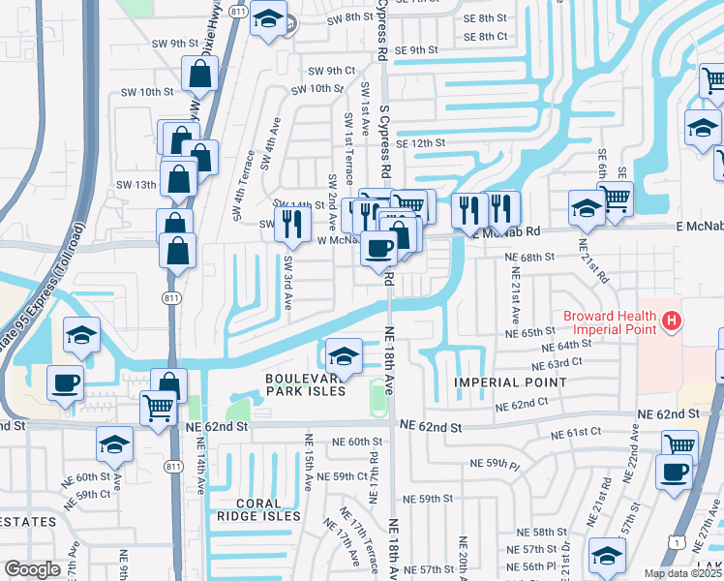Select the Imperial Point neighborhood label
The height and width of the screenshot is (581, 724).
pyautogui.click(x=510, y=382)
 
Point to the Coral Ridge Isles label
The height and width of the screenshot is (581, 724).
pyautogui.click(x=258, y=509)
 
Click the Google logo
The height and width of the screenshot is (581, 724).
pyautogui.click(x=32, y=568)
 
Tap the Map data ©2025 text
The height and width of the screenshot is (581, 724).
pyautogui.click(x=681, y=573)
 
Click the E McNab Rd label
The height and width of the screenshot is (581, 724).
pyautogui.click(x=502, y=231)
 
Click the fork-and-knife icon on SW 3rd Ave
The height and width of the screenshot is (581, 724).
pyautogui.click(x=291, y=222)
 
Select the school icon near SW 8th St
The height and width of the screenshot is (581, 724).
pyautogui.click(x=267, y=18)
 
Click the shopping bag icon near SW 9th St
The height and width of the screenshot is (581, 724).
pyautogui.click(x=198, y=72)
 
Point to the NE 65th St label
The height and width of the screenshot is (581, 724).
pyautogui.click(x=529, y=331)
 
